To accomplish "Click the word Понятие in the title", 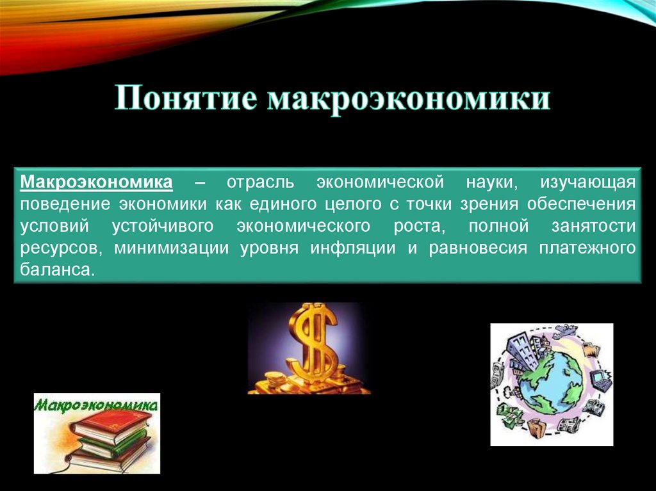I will (x=187, y=101).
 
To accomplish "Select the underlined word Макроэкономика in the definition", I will (x=97, y=183).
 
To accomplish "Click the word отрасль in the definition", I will (x=259, y=183).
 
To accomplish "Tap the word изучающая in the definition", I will (x=588, y=183).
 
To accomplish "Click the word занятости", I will (x=596, y=227).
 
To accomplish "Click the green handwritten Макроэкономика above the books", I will (x=97, y=405).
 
